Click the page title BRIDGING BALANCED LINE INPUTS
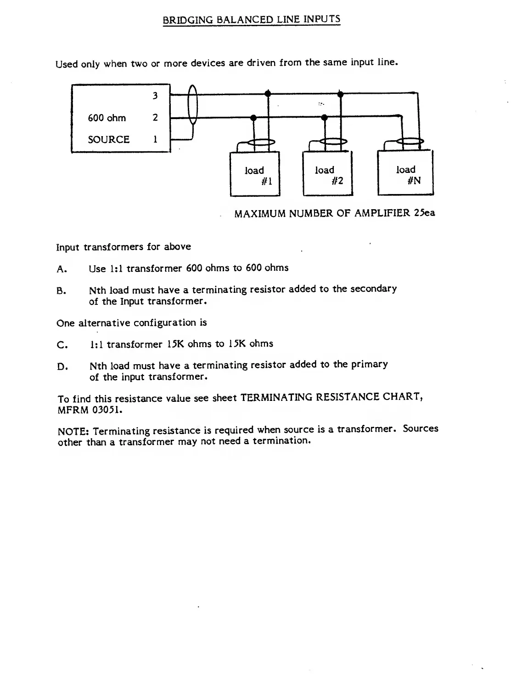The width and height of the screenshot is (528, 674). click(x=252, y=20)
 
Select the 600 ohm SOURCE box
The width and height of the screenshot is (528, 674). click(x=121, y=118)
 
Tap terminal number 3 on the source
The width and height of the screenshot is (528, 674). click(x=155, y=96)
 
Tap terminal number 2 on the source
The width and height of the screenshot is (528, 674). click(x=155, y=118)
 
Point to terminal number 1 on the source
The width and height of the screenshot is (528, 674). click(x=155, y=139)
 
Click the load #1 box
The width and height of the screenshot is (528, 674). click(x=254, y=175)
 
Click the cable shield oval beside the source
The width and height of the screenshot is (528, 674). click(x=193, y=106)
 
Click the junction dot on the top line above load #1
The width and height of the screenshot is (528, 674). click(x=268, y=94)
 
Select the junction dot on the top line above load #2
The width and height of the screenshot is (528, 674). click(x=340, y=94)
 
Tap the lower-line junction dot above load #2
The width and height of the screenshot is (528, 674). click(x=325, y=117)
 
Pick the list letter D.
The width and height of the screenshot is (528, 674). click(x=62, y=367)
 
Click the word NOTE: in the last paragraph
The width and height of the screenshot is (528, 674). click(x=73, y=431)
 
